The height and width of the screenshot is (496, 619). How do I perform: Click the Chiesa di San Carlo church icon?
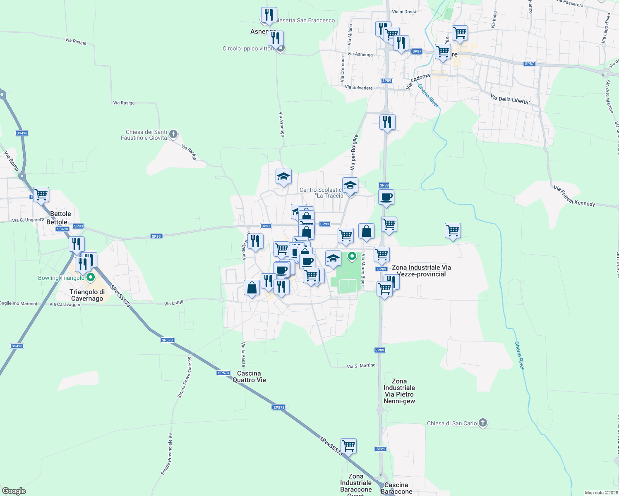click(x=483, y=423)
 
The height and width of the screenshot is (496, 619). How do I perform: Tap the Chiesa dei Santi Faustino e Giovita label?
click(x=144, y=135)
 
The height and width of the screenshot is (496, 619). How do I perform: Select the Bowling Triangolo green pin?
click(x=91, y=277)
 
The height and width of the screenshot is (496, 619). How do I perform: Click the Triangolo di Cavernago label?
click(x=87, y=295)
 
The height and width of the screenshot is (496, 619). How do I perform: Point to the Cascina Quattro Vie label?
click(x=249, y=377)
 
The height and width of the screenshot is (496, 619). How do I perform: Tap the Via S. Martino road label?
click(x=361, y=366)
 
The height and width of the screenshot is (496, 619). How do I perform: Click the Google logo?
click(x=14, y=491)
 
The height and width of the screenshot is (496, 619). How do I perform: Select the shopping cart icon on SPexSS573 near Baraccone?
click(x=348, y=446)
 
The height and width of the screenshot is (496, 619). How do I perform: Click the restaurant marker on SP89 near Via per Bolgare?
click(x=387, y=122)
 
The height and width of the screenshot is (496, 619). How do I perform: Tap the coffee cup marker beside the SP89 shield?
click(x=386, y=197)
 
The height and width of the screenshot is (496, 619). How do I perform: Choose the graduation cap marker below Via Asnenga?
click(x=283, y=177)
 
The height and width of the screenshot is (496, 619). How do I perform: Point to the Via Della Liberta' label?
click(x=509, y=99)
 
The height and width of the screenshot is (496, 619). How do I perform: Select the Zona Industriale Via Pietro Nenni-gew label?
click(x=399, y=391)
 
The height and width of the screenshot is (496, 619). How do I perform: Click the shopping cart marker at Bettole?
click(x=41, y=194)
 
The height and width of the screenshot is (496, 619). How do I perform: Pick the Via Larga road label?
click(x=173, y=303)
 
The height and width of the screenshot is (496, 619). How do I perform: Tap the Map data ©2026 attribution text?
click(x=601, y=493)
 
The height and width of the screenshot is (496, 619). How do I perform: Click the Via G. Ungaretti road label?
click(x=28, y=220)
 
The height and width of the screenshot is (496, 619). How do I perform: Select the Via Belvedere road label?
click(x=358, y=88)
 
